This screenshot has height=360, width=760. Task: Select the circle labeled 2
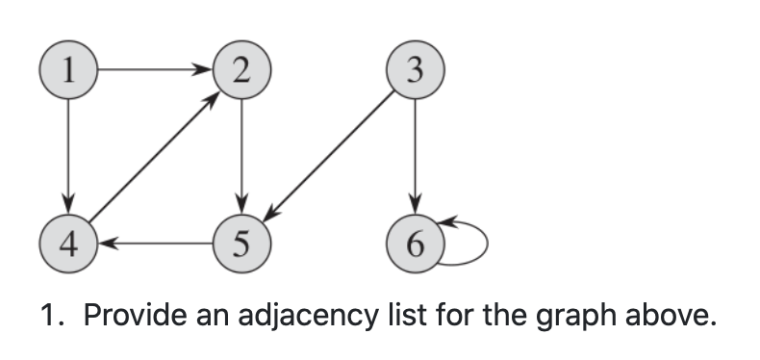coord(241,69)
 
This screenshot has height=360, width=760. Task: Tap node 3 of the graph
coord(414,69)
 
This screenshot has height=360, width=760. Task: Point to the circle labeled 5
coord(241,242)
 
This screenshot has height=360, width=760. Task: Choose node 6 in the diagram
coord(414,242)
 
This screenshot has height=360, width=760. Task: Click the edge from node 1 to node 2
coord(154,69)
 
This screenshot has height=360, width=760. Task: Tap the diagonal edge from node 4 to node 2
coord(154,156)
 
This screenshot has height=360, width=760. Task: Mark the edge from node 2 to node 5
coord(241,154)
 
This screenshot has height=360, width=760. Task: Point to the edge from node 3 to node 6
coord(414,154)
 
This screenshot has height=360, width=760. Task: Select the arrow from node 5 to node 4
coord(154,242)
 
